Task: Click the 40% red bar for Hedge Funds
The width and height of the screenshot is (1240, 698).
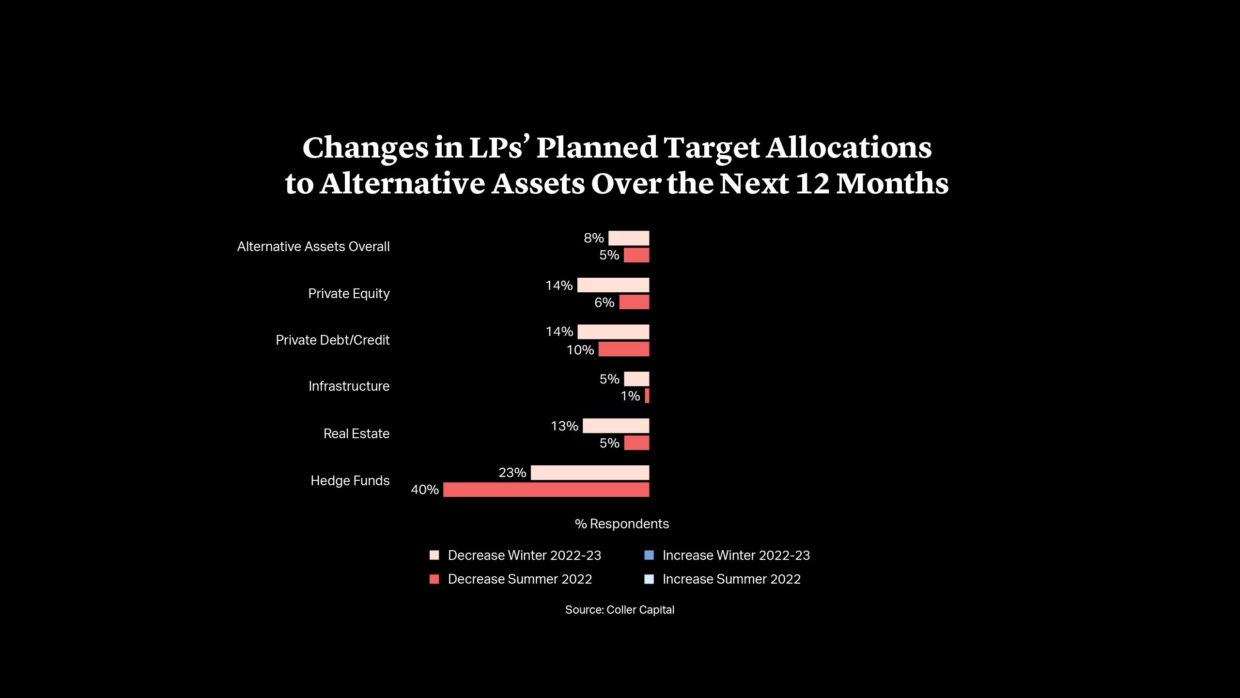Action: [x=546, y=490]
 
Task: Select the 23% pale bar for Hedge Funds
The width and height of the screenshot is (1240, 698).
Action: [x=589, y=473]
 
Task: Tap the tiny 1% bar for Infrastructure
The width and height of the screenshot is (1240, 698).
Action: [x=647, y=396]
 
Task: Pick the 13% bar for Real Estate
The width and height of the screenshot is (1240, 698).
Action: [x=616, y=426]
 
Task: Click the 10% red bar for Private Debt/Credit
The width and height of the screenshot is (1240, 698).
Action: [x=623, y=349]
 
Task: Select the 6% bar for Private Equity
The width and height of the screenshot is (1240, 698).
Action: [x=634, y=302]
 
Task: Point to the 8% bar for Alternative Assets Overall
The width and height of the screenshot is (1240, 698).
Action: [x=629, y=238]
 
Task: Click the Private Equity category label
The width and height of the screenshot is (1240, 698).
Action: [x=349, y=294]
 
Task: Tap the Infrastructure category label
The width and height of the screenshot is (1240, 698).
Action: [x=349, y=386]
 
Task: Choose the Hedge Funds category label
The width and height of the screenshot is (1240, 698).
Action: [x=350, y=481]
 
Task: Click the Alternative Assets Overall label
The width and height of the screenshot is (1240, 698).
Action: [x=313, y=247]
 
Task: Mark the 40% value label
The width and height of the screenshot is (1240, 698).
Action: [x=424, y=490]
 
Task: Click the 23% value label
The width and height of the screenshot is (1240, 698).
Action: [x=512, y=473]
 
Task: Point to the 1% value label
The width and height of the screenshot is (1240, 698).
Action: [x=630, y=396]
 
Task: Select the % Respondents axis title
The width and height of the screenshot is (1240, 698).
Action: [x=621, y=524]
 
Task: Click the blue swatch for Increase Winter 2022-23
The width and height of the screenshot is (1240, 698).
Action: [x=649, y=555]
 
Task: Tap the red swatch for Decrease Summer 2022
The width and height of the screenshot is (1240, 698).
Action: [x=434, y=579]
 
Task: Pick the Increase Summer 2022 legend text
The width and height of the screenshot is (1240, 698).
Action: [x=731, y=579]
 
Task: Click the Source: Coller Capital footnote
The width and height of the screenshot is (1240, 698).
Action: [x=620, y=610]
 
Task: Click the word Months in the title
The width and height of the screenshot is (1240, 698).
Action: [x=892, y=184]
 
